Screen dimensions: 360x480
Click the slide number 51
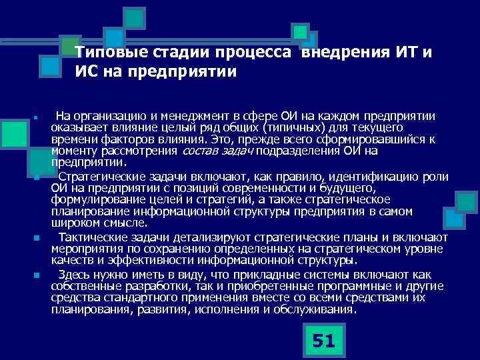point(323,341)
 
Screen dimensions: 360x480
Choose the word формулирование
point(91,199)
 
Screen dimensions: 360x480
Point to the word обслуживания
point(315,309)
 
